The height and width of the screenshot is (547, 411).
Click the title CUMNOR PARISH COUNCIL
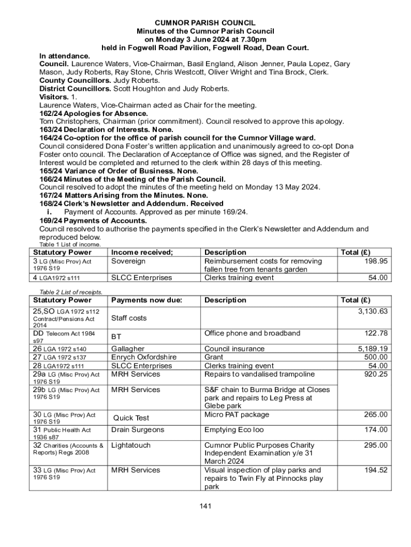205,23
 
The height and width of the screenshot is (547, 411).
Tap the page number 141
205,506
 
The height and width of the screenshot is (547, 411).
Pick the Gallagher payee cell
128,349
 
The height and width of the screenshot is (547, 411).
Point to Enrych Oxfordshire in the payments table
144,357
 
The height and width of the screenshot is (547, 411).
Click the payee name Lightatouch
131,445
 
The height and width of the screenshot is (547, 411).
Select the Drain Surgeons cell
138,429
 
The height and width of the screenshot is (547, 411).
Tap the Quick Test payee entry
131,418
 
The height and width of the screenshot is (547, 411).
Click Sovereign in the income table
128,261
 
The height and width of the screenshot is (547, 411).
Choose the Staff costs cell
129,318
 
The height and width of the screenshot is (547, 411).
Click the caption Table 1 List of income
70,245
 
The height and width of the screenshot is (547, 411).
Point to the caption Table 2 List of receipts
71,292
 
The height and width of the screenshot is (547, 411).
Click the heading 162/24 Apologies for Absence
94,113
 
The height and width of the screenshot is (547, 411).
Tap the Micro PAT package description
237,415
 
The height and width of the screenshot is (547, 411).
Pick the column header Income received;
142,252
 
